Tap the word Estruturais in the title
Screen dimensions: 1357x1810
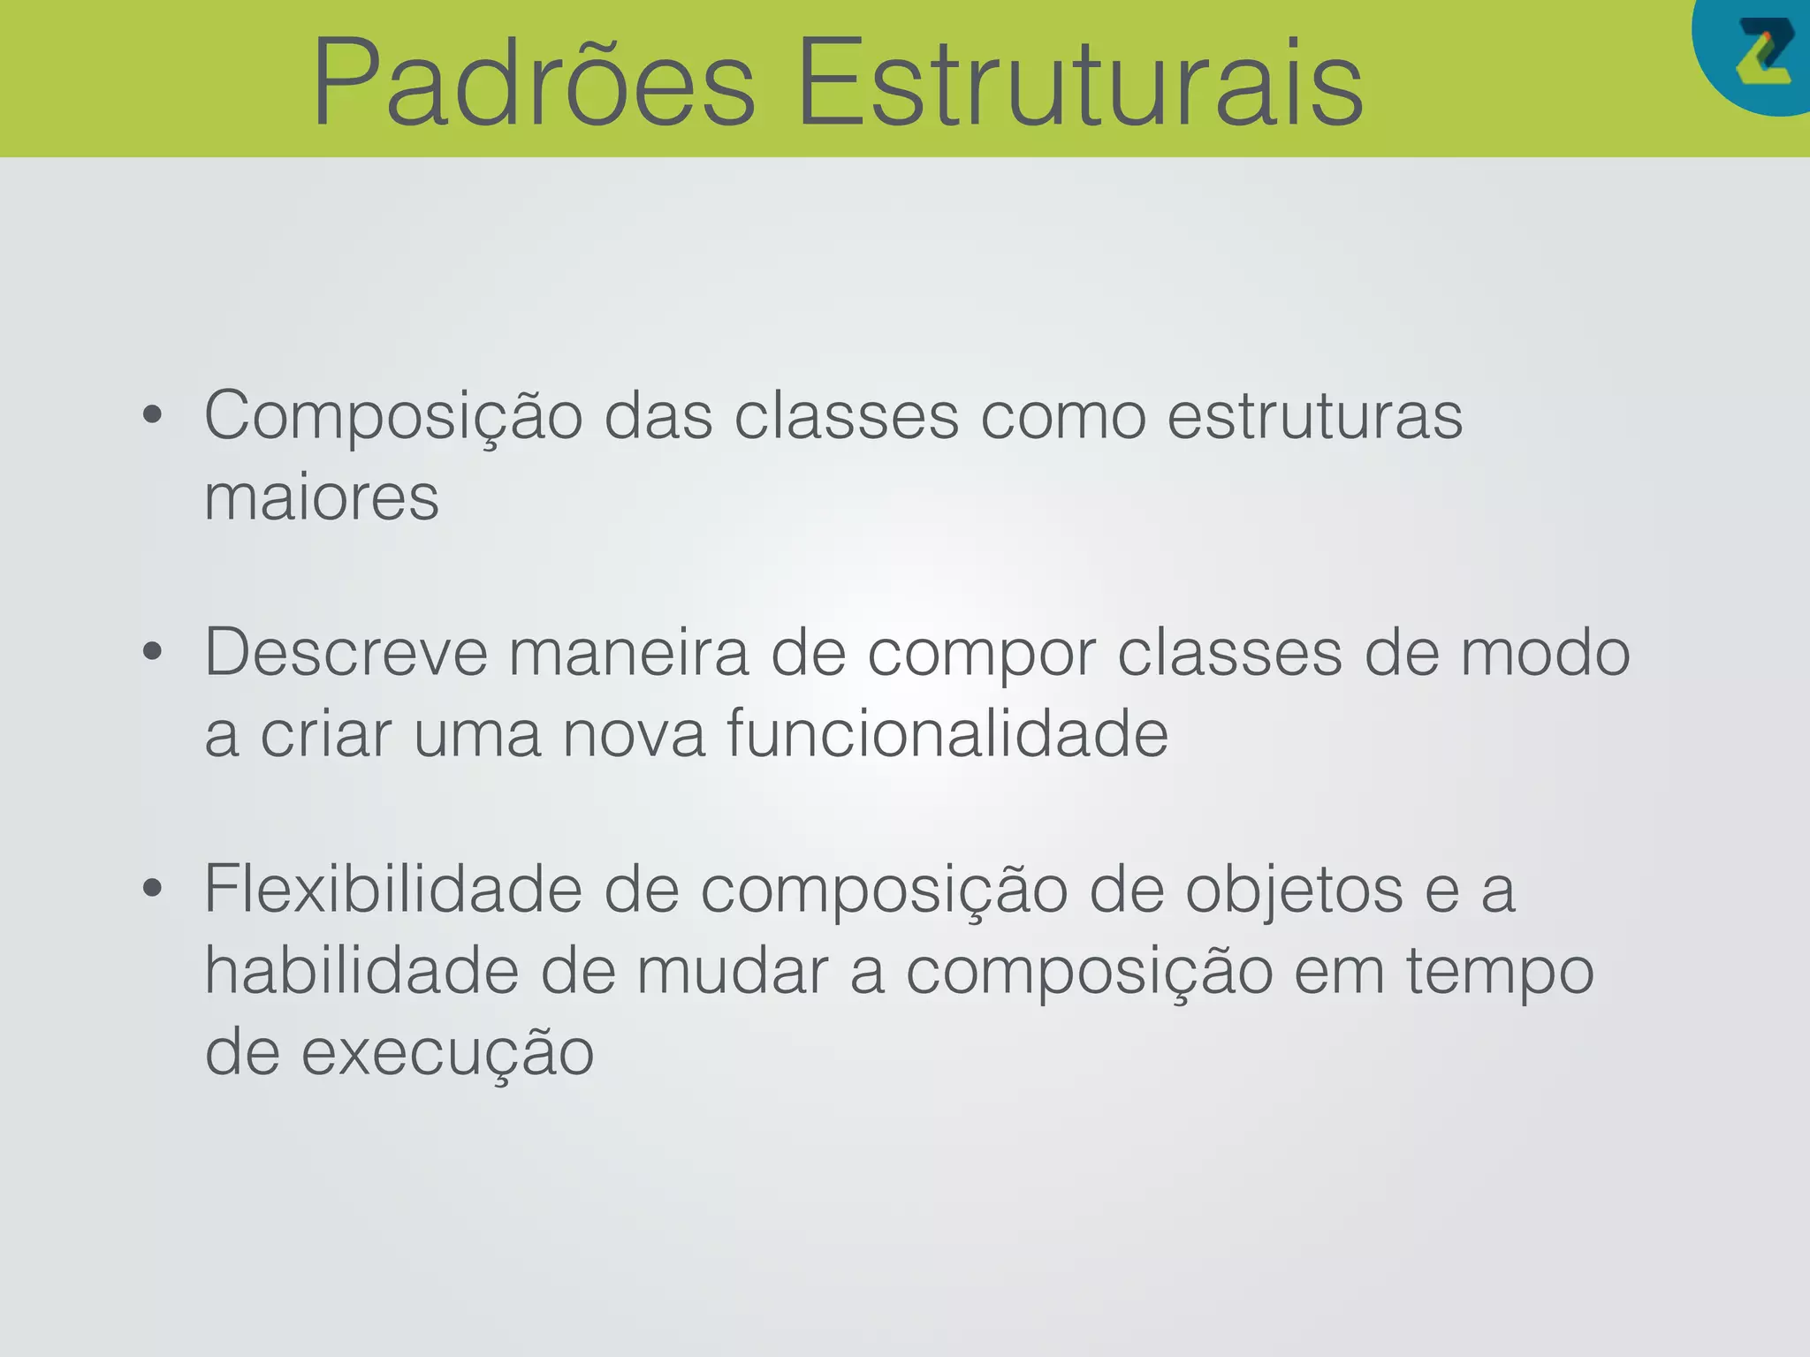pyautogui.click(x=1080, y=84)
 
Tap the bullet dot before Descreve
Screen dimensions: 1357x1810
pyautogui.click(x=153, y=653)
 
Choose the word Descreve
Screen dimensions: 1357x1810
pyautogui.click(x=346, y=653)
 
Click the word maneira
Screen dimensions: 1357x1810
pyautogui.click(x=628, y=653)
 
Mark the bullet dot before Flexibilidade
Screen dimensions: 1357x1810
pyautogui.click(x=153, y=889)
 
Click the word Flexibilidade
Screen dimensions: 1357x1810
pyautogui.click(x=393, y=889)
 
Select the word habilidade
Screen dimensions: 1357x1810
pyautogui.click(x=361, y=970)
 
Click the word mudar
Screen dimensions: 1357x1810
pyautogui.click(x=732, y=970)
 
